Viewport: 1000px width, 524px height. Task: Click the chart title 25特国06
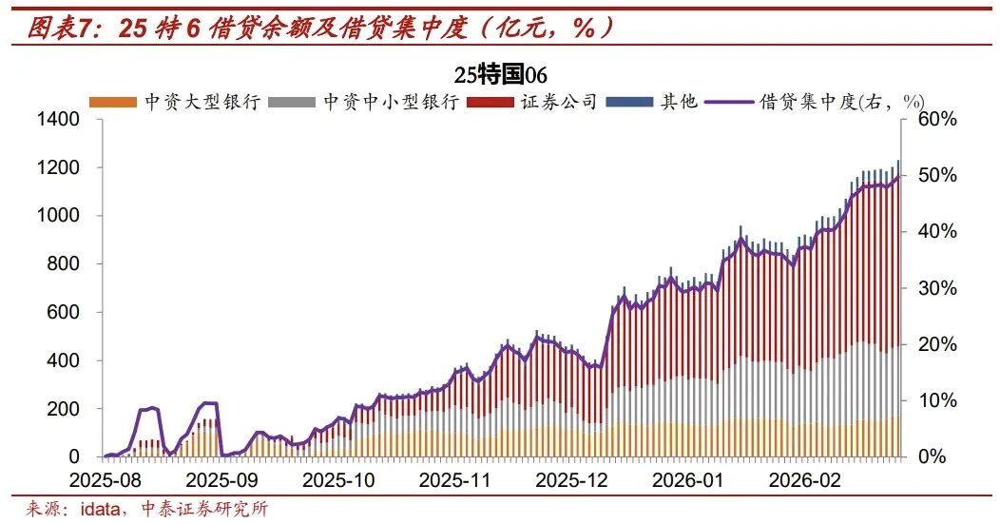[x=500, y=75]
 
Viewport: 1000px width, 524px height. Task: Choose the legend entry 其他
[x=679, y=102]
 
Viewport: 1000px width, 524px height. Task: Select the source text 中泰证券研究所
[x=208, y=509]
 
